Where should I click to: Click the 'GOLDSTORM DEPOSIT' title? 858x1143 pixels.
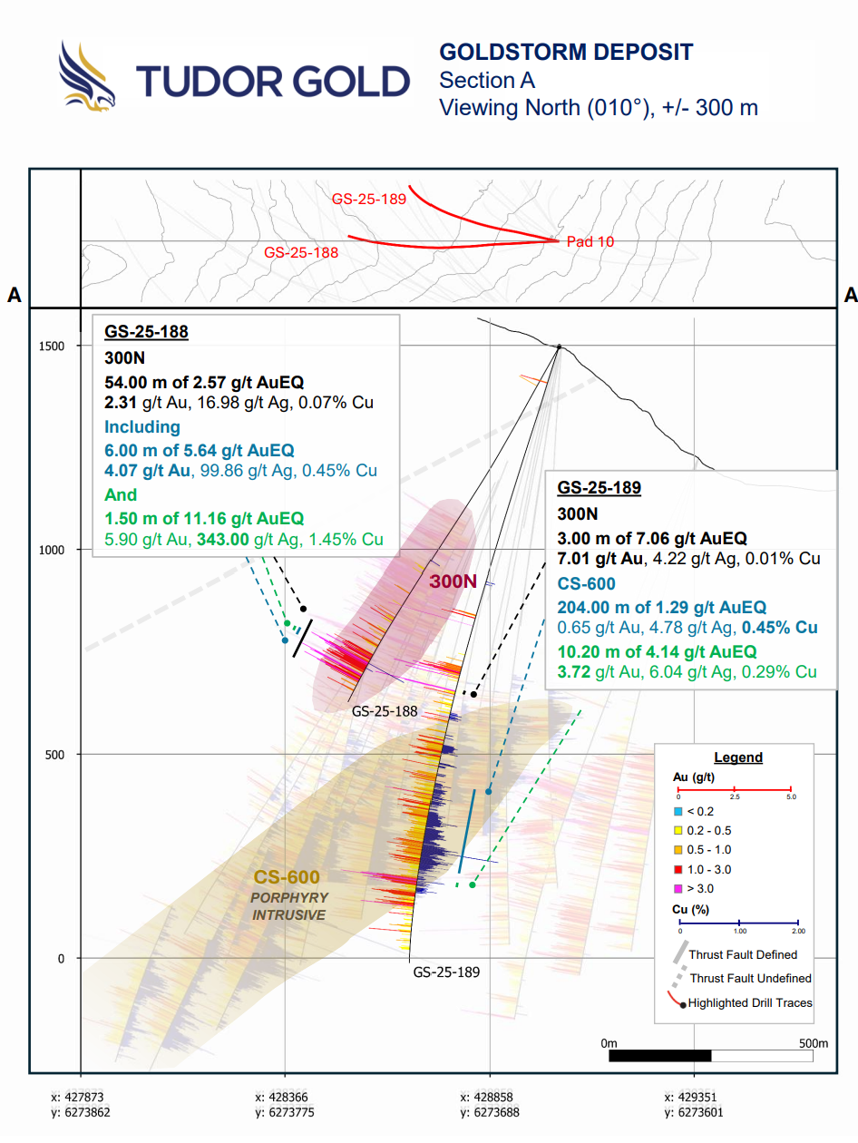coord(565,52)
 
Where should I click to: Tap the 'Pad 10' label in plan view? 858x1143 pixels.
coord(590,241)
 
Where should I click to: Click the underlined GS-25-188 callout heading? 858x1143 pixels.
coord(146,332)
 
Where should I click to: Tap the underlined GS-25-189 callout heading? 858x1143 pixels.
coord(600,488)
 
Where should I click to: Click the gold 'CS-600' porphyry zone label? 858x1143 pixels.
coord(287,877)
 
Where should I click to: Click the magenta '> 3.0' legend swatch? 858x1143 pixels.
coord(678,888)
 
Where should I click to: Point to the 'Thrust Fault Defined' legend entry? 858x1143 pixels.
coord(742,954)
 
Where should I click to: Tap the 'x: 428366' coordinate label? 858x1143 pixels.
coord(285,1097)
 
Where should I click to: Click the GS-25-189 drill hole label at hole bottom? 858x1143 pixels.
coord(446,972)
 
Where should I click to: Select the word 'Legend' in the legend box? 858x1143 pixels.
coord(738,757)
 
